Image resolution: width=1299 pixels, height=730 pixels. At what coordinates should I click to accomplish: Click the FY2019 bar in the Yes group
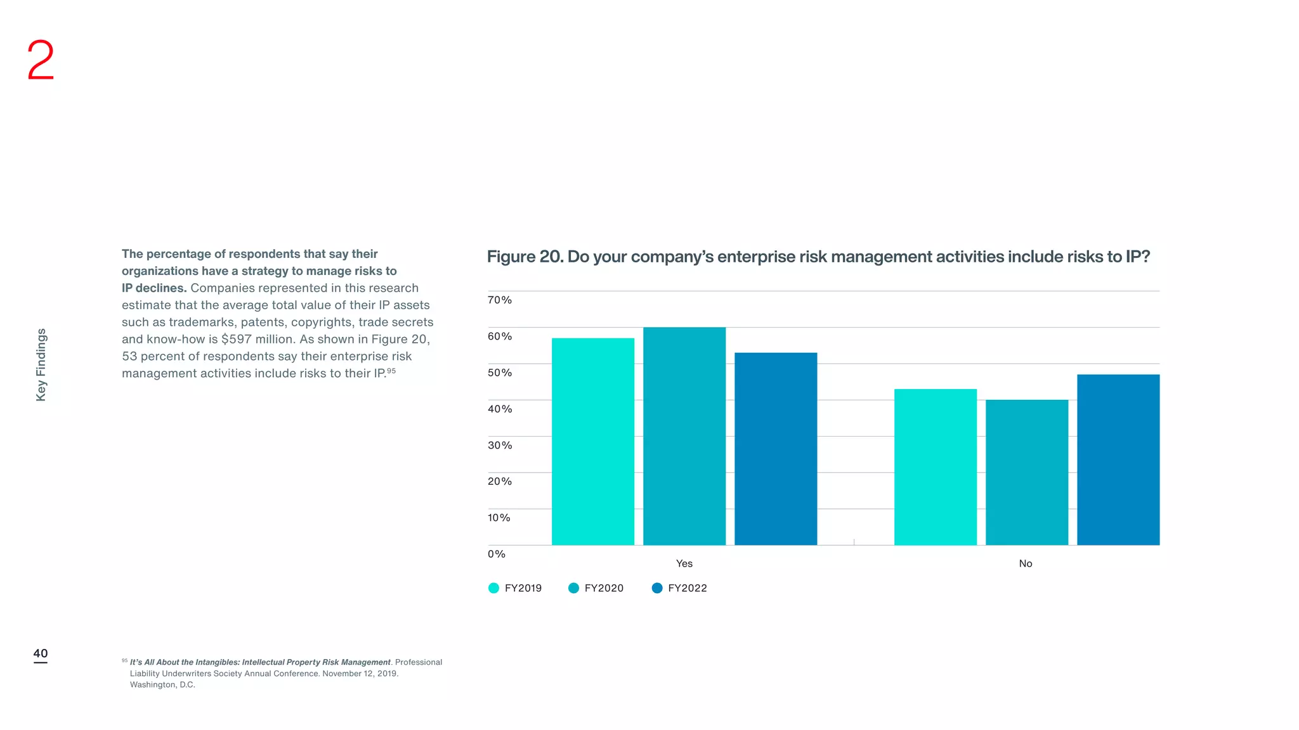(x=592, y=441)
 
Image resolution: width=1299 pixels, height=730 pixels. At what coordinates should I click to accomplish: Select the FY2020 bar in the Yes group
(x=684, y=436)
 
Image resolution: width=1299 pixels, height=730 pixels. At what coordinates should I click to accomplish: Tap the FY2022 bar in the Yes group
(x=775, y=449)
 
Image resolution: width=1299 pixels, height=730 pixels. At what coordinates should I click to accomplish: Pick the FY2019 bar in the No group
(x=935, y=467)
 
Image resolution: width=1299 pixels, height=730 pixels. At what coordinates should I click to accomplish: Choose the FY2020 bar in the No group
(x=1026, y=472)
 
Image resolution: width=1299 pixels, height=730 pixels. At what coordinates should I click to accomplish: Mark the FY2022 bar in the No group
(x=1118, y=459)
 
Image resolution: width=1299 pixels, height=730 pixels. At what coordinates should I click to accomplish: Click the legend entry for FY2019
(x=515, y=588)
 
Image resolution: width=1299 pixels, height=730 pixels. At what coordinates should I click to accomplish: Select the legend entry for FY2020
(x=596, y=588)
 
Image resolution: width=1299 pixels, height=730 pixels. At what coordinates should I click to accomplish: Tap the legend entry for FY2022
(x=679, y=588)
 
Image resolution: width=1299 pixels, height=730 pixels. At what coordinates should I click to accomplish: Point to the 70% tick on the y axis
(x=499, y=300)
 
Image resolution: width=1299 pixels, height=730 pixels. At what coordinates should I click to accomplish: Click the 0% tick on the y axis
(x=496, y=554)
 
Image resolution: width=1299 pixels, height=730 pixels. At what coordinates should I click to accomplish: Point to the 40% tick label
(x=499, y=409)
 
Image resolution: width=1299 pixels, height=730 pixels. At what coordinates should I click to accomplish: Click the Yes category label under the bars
(x=684, y=563)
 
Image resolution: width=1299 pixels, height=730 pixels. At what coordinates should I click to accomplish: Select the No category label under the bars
(x=1025, y=563)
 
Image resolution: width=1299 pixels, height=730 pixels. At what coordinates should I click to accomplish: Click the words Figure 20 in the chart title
(x=524, y=257)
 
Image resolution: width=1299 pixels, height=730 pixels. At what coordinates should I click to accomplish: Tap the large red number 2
(x=41, y=60)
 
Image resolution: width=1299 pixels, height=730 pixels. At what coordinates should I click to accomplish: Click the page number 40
(x=40, y=653)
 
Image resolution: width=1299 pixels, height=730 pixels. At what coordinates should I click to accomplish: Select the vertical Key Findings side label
(x=41, y=364)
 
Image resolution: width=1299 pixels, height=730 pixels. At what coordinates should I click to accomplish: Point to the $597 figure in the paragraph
(x=236, y=339)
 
